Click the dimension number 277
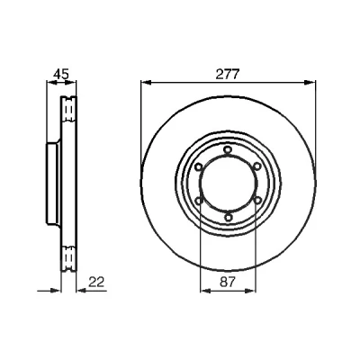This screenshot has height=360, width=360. [x=228, y=74]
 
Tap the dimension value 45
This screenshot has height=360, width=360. [x=61, y=74]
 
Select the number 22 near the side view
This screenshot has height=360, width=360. [x=96, y=283]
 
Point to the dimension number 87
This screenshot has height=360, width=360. [x=228, y=283]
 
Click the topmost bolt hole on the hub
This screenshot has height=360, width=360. [x=228, y=149]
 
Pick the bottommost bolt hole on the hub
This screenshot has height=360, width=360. [x=229, y=217]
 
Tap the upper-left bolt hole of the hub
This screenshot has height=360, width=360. [x=198, y=166]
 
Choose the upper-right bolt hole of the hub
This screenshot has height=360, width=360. [x=257, y=166]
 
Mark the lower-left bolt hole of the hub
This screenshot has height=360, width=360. [x=199, y=201]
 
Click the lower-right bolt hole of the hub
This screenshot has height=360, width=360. [x=257, y=200]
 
